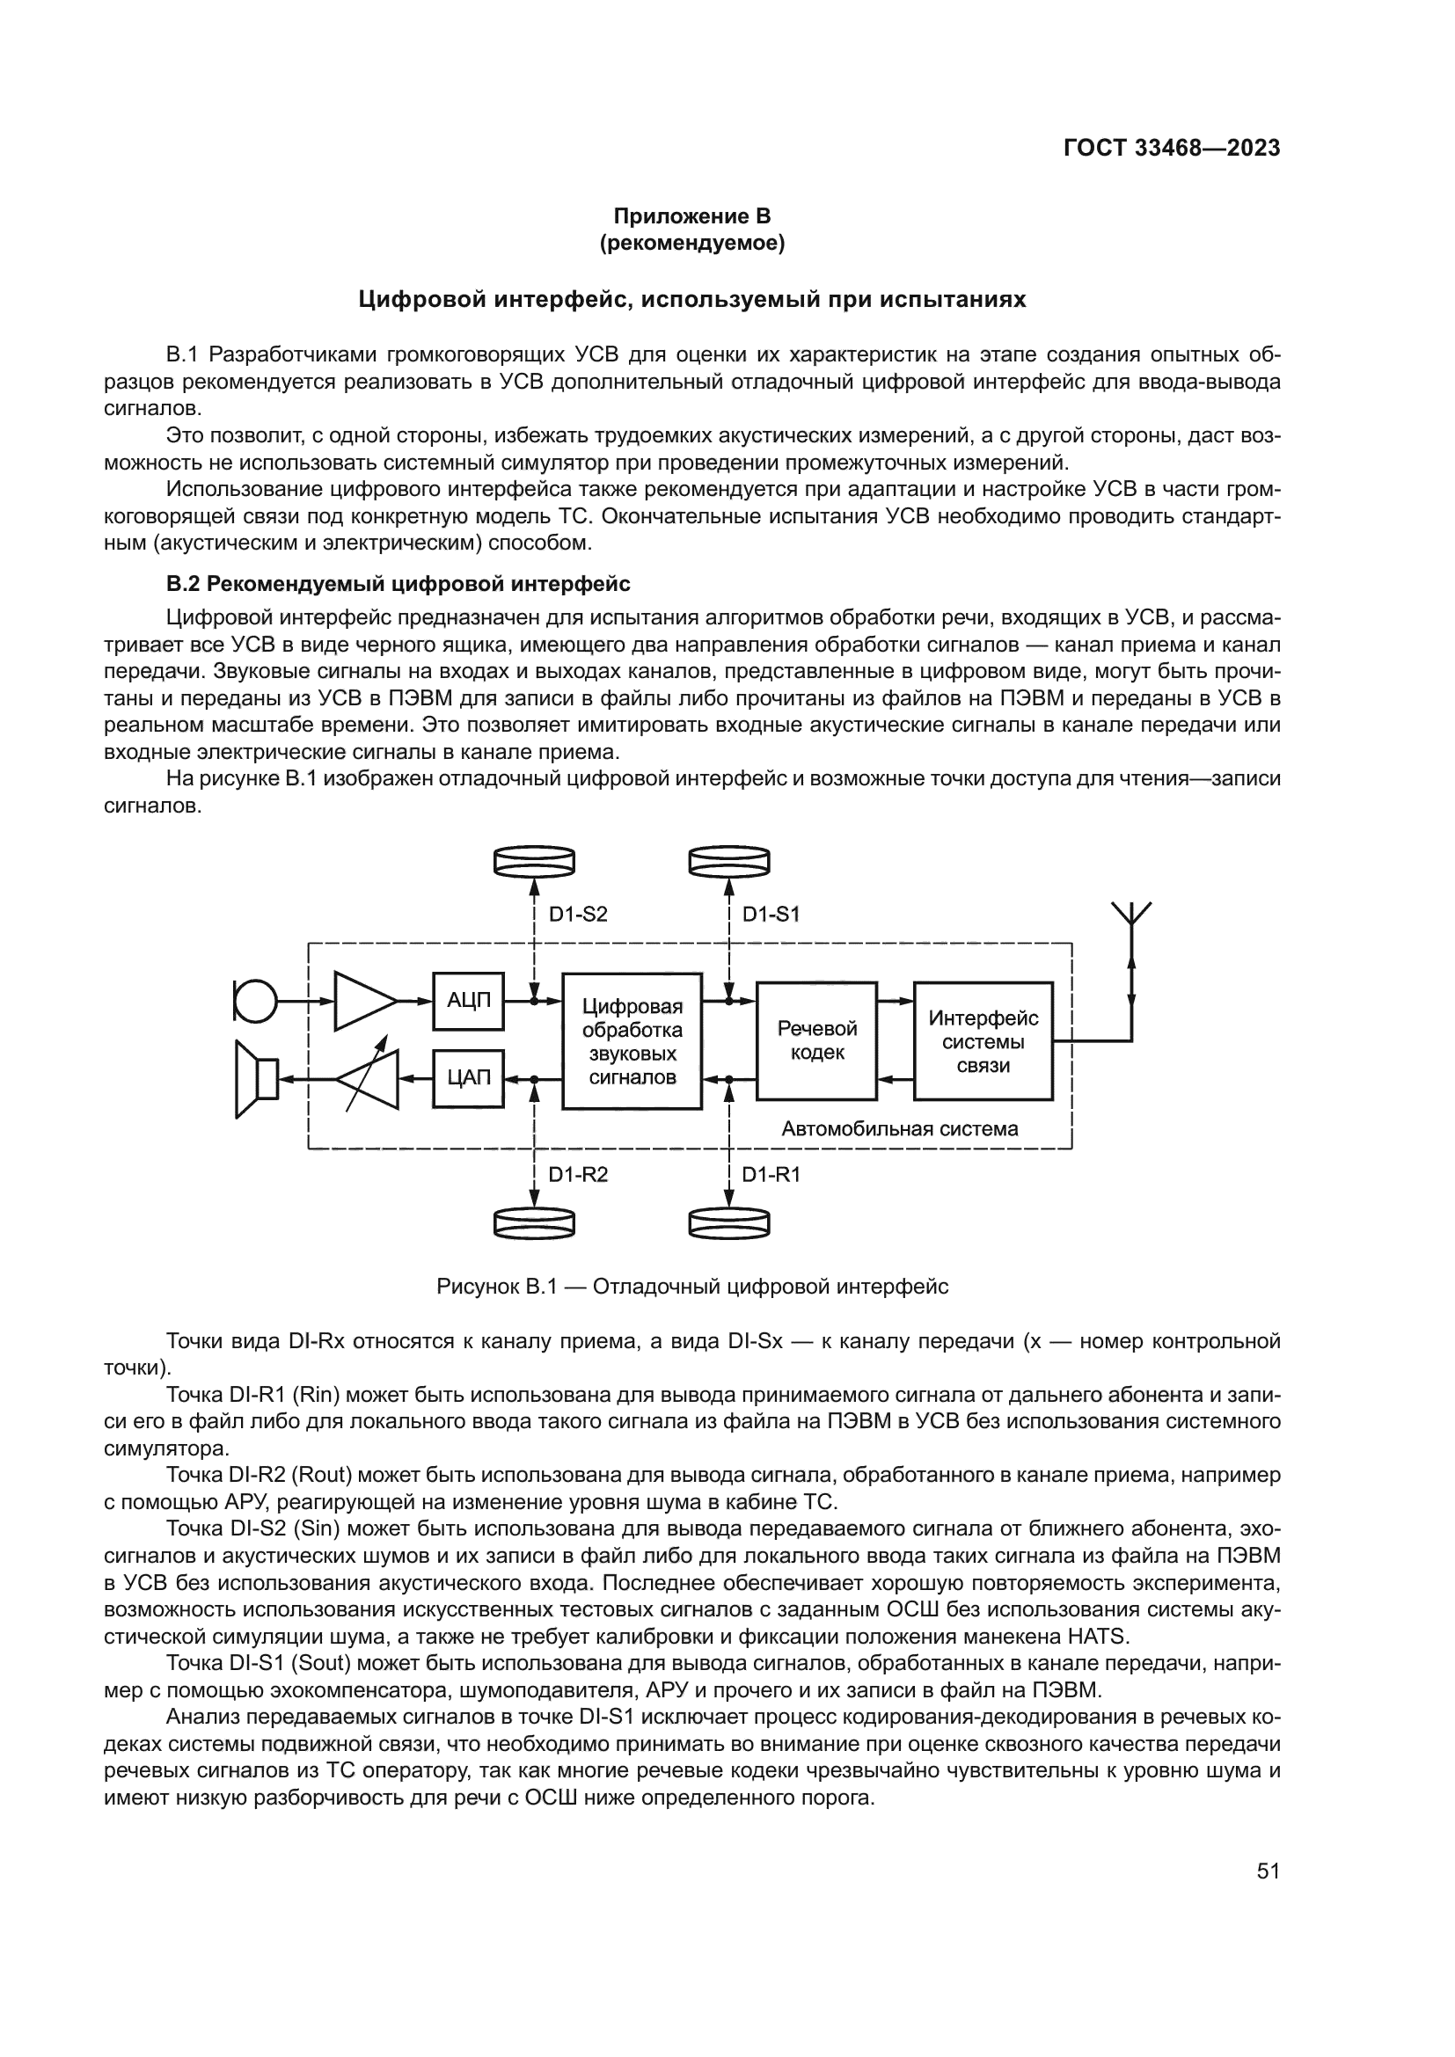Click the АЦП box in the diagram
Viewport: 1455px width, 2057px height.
click(469, 1000)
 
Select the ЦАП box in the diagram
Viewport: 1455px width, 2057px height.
click(469, 1078)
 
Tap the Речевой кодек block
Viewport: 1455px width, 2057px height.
click(816, 1040)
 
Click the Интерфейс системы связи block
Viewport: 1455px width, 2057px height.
click(983, 1041)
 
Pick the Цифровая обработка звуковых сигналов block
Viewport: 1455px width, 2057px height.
click(632, 1041)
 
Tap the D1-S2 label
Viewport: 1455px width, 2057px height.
click(578, 915)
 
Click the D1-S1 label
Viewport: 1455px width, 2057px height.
click(771, 915)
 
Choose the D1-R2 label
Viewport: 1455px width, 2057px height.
click(578, 1175)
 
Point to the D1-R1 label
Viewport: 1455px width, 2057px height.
click(771, 1175)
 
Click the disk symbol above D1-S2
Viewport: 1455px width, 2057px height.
click(534, 861)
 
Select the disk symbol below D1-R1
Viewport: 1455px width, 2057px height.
click(729, 1223)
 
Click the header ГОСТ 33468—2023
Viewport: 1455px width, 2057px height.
click(1172, 149)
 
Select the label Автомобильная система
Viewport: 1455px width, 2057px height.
click(900, 1129)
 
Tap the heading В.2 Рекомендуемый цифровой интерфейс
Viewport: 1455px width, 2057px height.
click(398, 584)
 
